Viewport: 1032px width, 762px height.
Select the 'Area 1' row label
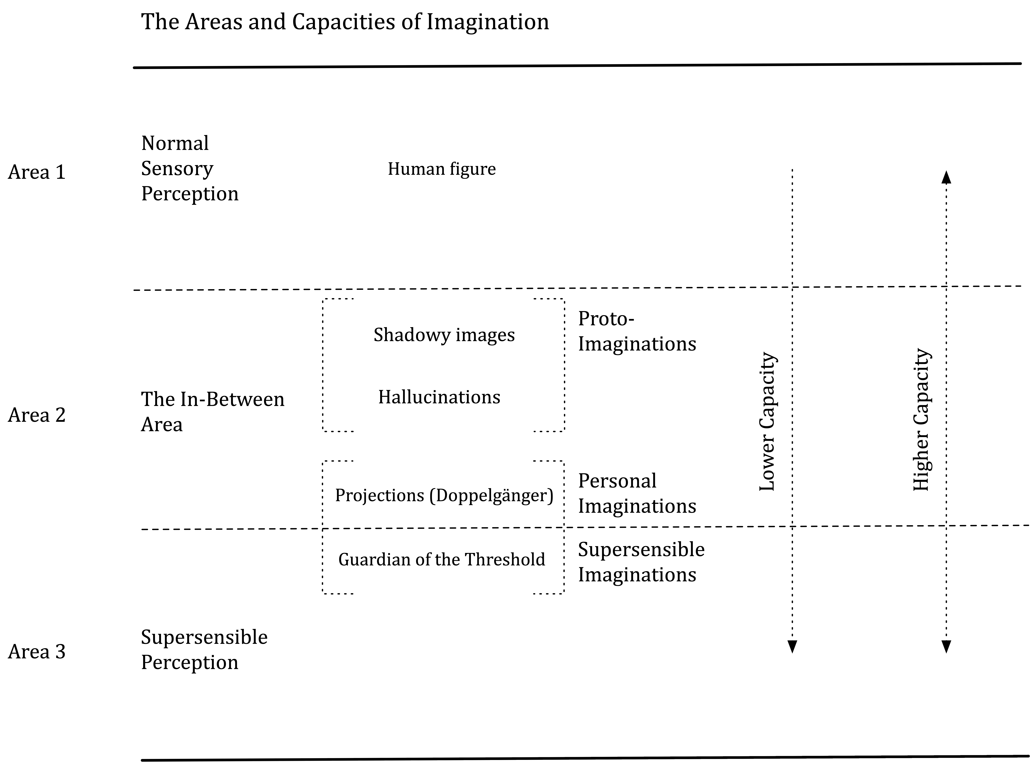pyautogui.click(x=37, y=172)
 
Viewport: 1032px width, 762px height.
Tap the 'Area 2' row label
pyautogui.click(x=37, y=415)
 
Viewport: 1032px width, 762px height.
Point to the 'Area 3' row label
pyautogui.click(x=37, y=651)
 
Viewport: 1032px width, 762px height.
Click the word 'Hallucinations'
pyautogui.click(x=439, y=397)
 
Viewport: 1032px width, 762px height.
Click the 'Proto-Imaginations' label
pyautogui.click(x=637, y=331)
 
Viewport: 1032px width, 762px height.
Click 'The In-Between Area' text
pyautogui.click(x=213, y=411)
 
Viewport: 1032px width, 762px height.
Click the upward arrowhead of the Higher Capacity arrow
pyautogui.click(x=946, y=177)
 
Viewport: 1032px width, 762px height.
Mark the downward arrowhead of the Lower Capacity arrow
pyautogui.click(x=792, y=647)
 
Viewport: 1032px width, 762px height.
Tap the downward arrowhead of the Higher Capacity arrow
pyautogui.click(x=946, y=647)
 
